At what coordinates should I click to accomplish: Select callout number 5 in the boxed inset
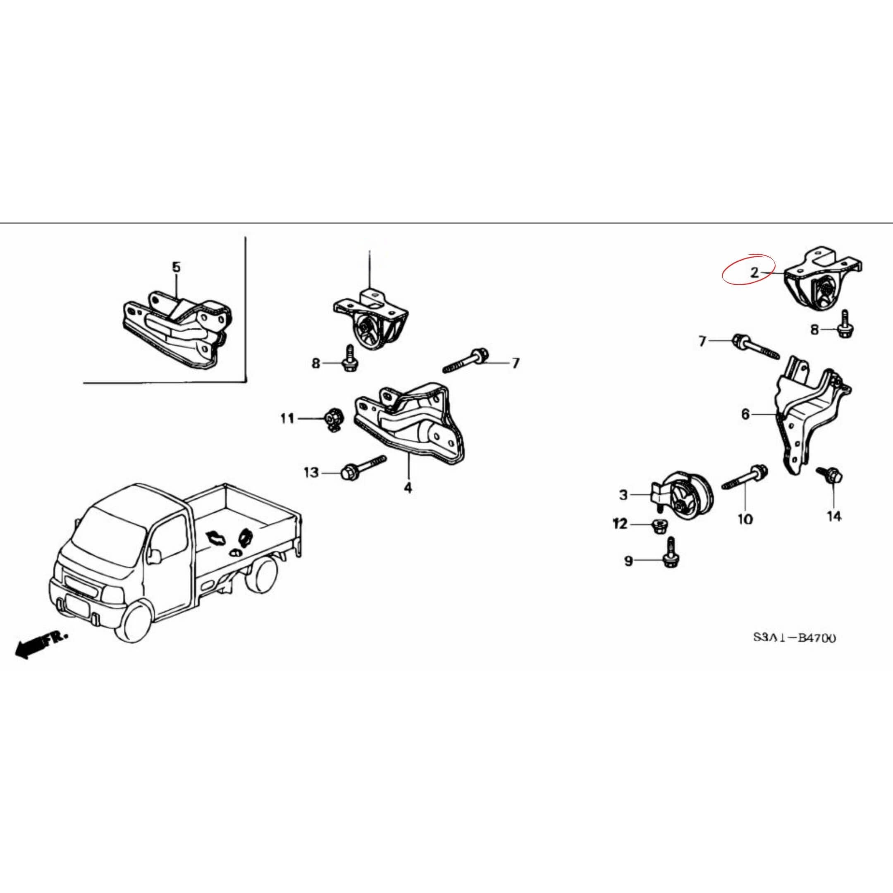[176, 267]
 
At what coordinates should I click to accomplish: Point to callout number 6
[745, 414]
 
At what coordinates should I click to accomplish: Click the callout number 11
[287, 419]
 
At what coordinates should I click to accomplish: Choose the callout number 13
[311, 473]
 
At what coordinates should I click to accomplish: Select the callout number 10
[745, 519]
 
